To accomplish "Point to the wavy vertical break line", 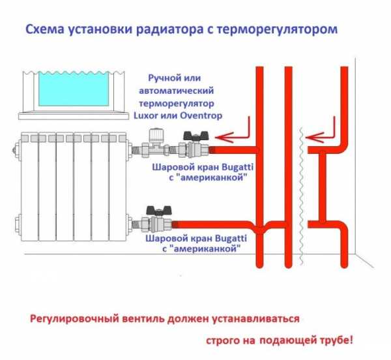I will pyautogui.click(x=300, y=196).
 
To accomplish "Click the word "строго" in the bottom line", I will pyautogui.click(x=223, y=340).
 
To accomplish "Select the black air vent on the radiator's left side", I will pyautogui.click(x=14, y=149).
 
